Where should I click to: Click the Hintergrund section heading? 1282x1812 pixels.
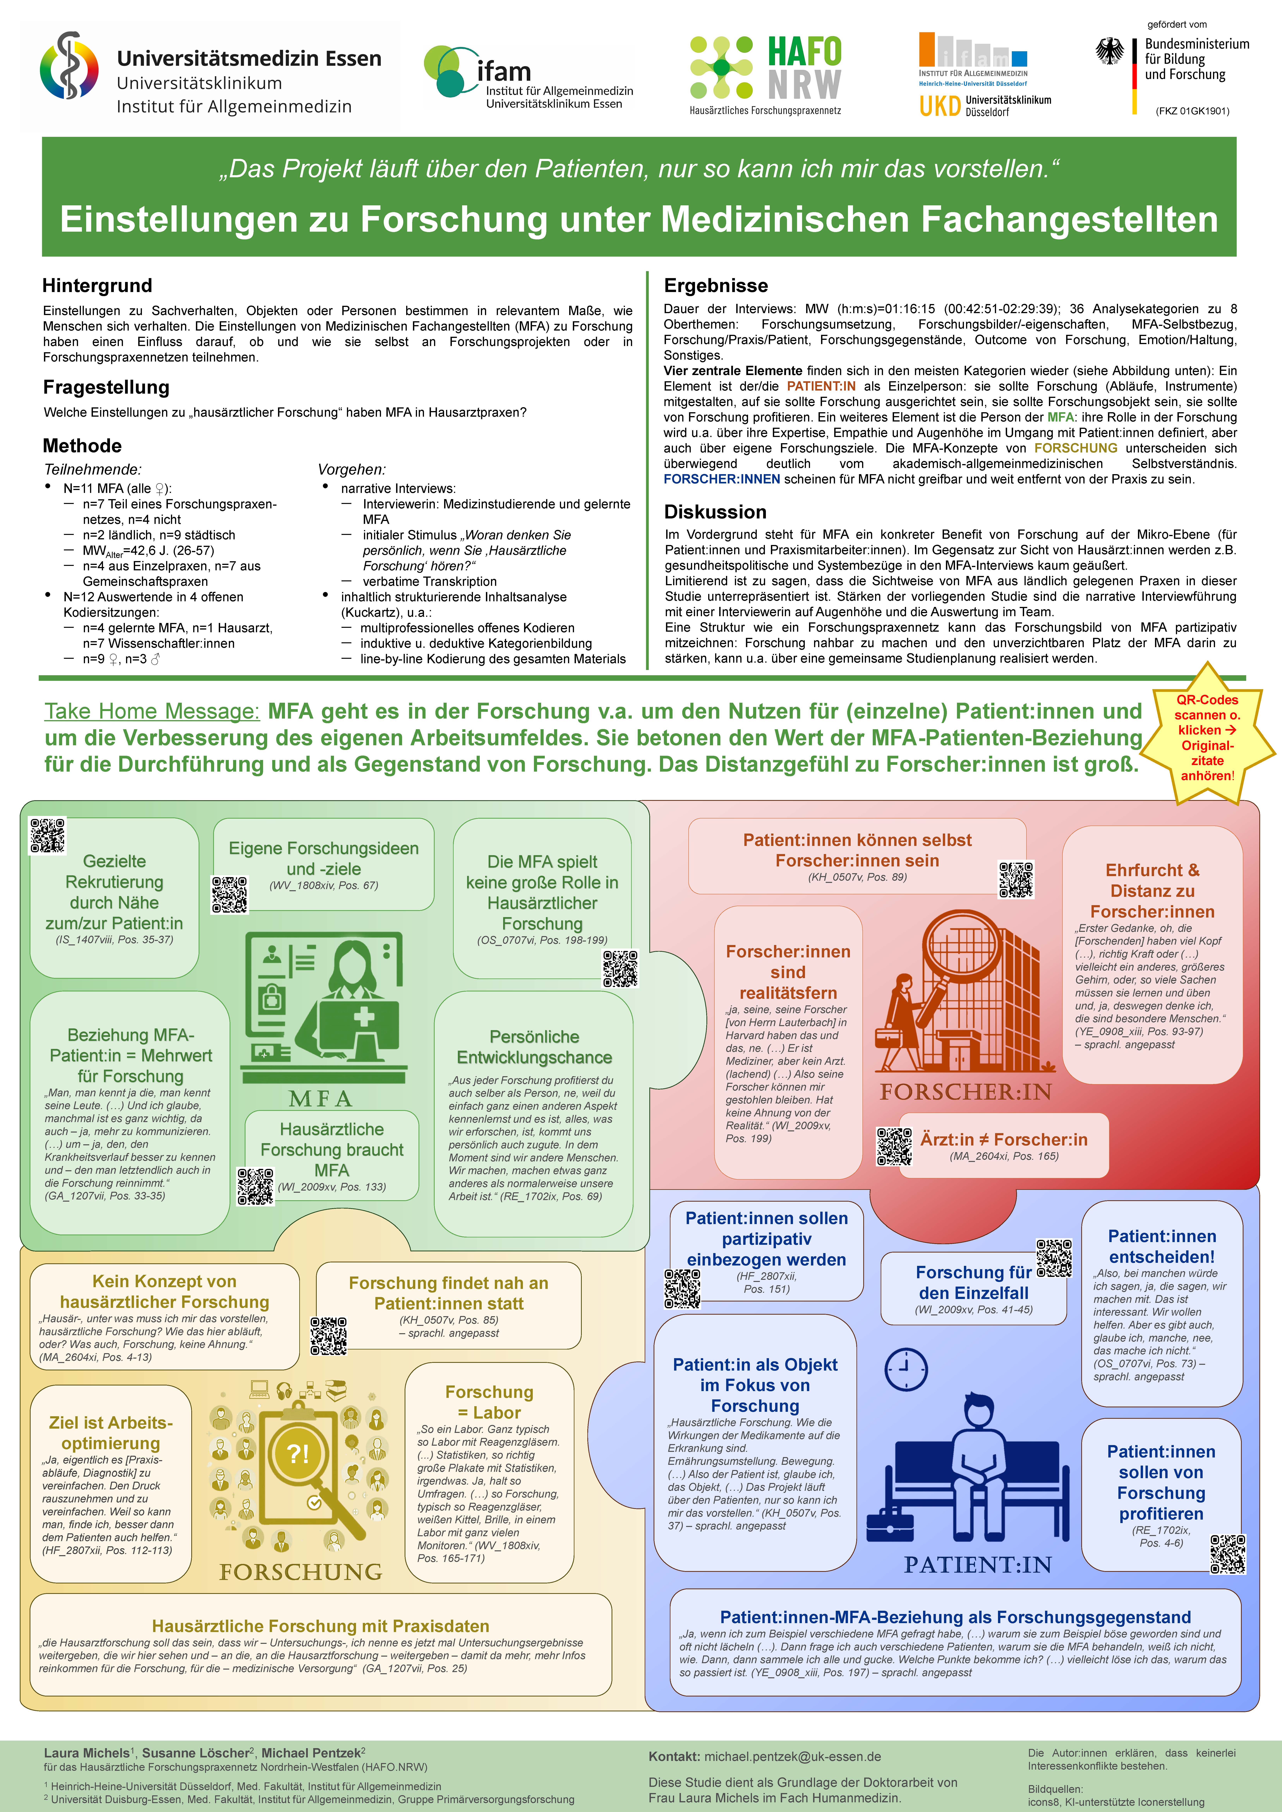(x=97, y=286)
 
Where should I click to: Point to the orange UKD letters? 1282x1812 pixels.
(x=939, y=106)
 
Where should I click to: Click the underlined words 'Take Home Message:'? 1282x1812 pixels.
(x=152, y=711)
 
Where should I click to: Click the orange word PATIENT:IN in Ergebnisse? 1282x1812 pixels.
(x=821, y=386)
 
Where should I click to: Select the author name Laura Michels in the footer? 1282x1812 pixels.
(x=86, y=1753)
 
